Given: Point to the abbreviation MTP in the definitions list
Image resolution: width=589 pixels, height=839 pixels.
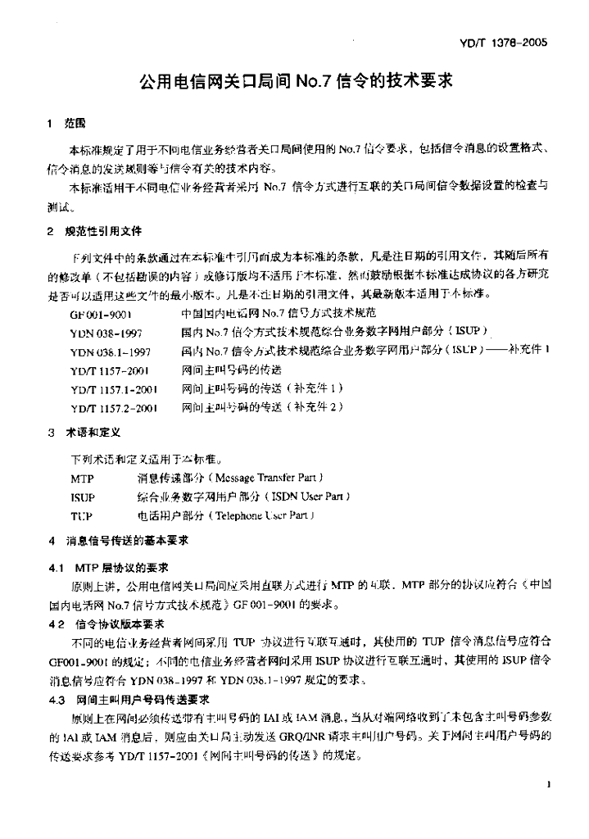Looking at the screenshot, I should [x=81, y=478].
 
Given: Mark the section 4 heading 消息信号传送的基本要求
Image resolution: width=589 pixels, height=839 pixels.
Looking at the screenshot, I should [x=120, y=542].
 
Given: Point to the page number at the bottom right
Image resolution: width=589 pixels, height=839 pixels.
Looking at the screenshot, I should [x=545, y=784].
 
